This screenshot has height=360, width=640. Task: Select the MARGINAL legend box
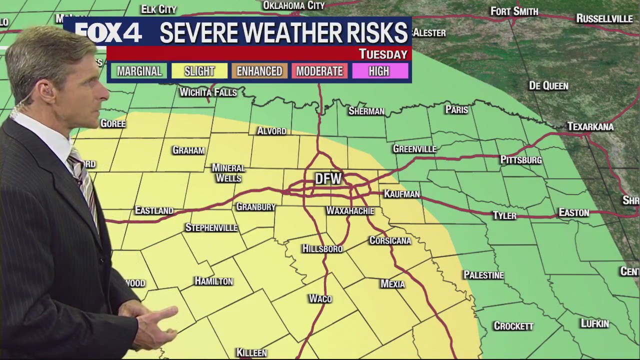coord(139,71)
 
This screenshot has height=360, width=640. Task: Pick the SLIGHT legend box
coord(199,71)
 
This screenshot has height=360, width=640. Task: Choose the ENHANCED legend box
coord(259,71)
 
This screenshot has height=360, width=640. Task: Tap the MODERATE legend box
coord(319,71)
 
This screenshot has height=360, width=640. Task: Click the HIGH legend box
coord(379,71)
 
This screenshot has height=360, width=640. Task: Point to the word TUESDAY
coord(383,54)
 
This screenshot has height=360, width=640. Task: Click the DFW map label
coord(328,179)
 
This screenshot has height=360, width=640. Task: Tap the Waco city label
coord(320,299)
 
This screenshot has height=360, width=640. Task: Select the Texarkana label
coord(590,127)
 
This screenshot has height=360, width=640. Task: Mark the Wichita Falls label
coord(208,92)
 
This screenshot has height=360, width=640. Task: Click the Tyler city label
coord(504,216)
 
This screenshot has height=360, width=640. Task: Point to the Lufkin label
coord(594,324)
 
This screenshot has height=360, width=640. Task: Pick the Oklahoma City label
coord(294,5)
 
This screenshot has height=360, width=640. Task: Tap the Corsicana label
coord(390,241)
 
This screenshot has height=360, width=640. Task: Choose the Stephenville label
coord(211,228)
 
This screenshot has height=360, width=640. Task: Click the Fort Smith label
coord(514,11)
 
